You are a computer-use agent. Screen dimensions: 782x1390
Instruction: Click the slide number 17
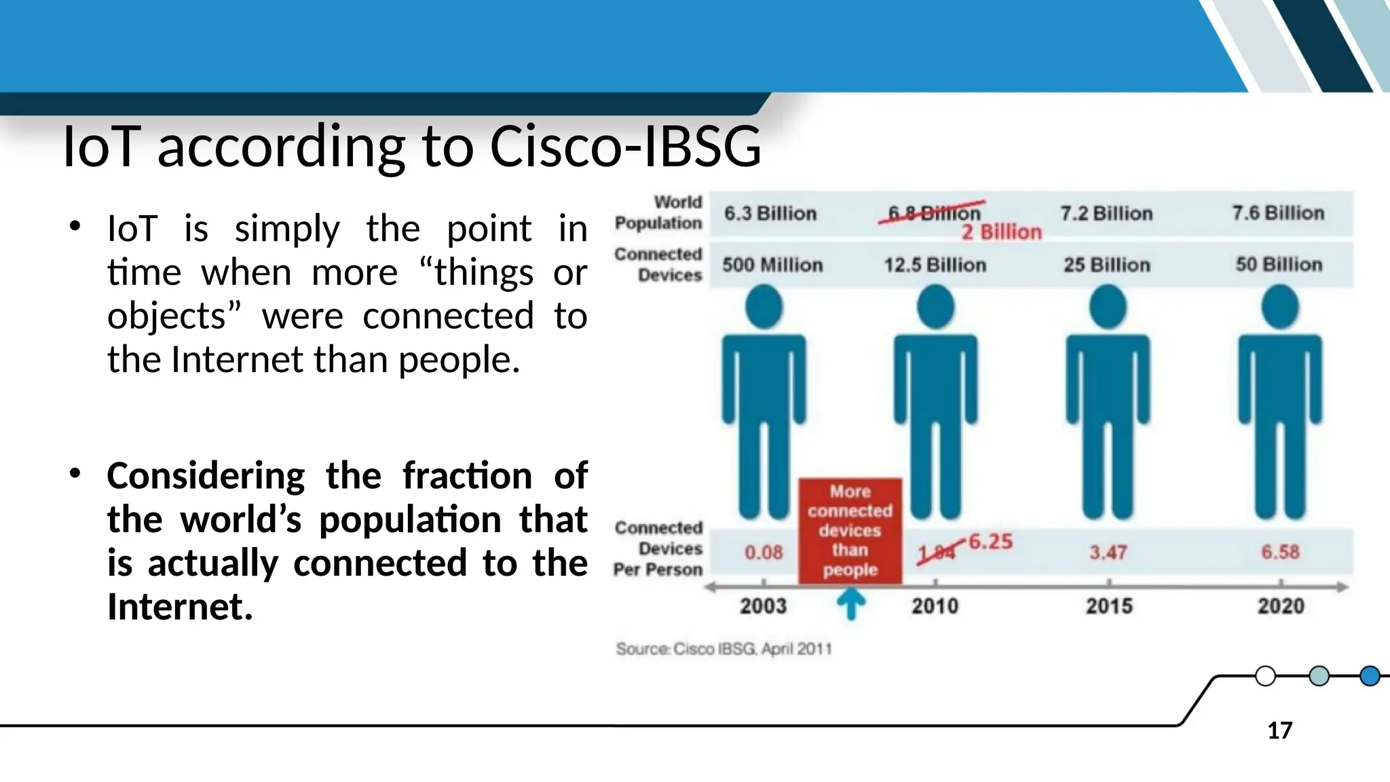click(1279, 730)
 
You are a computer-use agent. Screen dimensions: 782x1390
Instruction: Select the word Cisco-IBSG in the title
click(625, 146)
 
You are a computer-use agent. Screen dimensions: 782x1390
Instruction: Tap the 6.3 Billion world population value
click(770, 213)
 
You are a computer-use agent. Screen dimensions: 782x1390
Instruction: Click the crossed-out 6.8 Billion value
click(933, 212)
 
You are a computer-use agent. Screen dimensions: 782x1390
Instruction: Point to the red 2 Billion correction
click(1001, 232)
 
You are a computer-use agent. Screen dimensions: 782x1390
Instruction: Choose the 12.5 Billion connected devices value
click(935, 265)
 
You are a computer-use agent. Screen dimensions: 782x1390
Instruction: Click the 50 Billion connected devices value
click(1279, 264)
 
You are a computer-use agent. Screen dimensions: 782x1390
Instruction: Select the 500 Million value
click(772, 265)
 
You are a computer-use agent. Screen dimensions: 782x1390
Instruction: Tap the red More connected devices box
click(850, 530)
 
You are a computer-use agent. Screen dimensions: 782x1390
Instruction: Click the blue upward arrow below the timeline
click(850, 603)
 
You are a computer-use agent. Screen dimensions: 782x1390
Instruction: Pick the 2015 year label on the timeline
click(1109, 606)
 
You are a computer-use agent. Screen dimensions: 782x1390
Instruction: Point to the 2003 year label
click(763, 606)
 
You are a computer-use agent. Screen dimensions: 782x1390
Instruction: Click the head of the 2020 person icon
click(1280, 307)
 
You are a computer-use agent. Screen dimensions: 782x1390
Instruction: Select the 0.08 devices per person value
click(764, 552)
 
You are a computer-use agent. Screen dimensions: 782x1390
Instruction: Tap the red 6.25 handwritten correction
click(990, 542)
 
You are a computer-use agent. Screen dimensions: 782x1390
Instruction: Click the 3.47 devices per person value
click(1108, 552)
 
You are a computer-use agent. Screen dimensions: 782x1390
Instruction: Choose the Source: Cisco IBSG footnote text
click(724, 649)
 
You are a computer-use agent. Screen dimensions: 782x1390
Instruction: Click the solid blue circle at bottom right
click(1370, 676)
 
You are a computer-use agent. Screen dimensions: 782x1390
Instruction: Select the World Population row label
click(658, 212)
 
